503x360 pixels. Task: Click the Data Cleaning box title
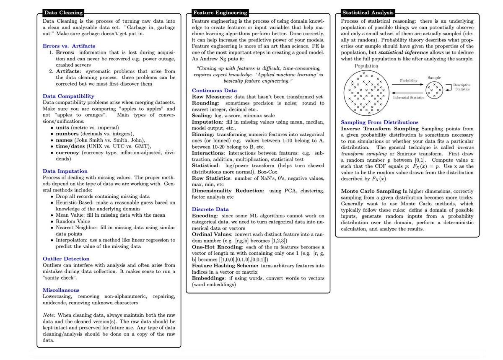pos(64,13)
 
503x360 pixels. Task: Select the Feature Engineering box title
pos(220,13)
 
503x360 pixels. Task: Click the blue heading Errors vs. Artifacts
pos(69,46)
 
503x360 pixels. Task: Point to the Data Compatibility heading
pos(69,96)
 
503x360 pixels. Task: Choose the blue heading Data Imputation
pos(65,171)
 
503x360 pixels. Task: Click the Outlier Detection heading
pos(66,259)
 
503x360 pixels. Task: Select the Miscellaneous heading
pos(61,290)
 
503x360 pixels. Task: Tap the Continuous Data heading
pos(214,90)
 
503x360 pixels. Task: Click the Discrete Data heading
pos(210,209)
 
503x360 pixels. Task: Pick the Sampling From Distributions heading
pos(379,122)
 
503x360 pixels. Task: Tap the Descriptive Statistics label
pos(462,87)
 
